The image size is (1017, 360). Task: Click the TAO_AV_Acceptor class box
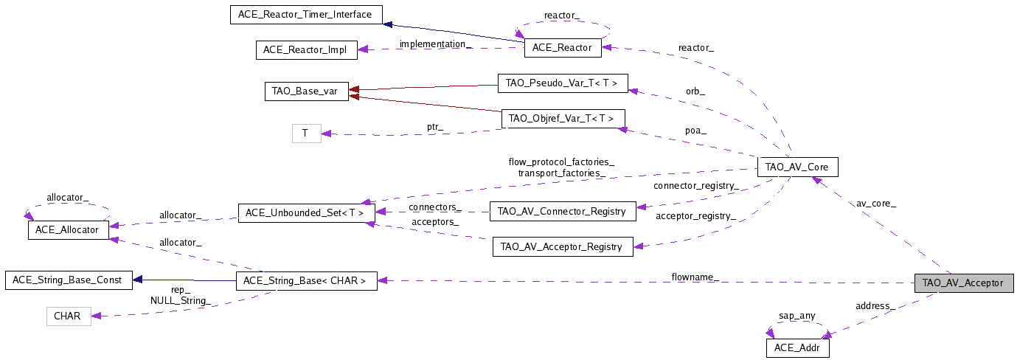[963, 283]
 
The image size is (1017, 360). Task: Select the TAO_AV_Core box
[797, 167]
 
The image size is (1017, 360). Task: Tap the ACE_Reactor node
[562, 48]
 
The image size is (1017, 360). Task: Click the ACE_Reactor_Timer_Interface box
[306, 14]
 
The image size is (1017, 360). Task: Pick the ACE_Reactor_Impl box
[306, 50]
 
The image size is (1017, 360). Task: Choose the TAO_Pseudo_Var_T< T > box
[562, 83]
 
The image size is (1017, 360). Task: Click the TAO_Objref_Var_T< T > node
[563, 119]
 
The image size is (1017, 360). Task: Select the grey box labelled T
[306, 134]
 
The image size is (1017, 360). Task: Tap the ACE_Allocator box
[68, 229]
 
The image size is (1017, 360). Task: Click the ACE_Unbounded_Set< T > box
[305, 212]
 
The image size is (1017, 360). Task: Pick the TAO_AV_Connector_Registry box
[563, 211]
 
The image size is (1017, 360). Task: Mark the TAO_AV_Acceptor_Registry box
[562, 246]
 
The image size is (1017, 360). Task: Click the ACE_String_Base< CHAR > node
[306, 280]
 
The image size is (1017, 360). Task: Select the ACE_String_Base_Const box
[68, 280]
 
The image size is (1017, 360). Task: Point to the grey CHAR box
[68, 316]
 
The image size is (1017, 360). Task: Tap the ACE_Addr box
[796, 347]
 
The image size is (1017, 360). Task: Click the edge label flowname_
[695, 277]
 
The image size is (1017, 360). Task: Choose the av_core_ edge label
[876, 203]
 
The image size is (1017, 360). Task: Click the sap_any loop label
[797, 316]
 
